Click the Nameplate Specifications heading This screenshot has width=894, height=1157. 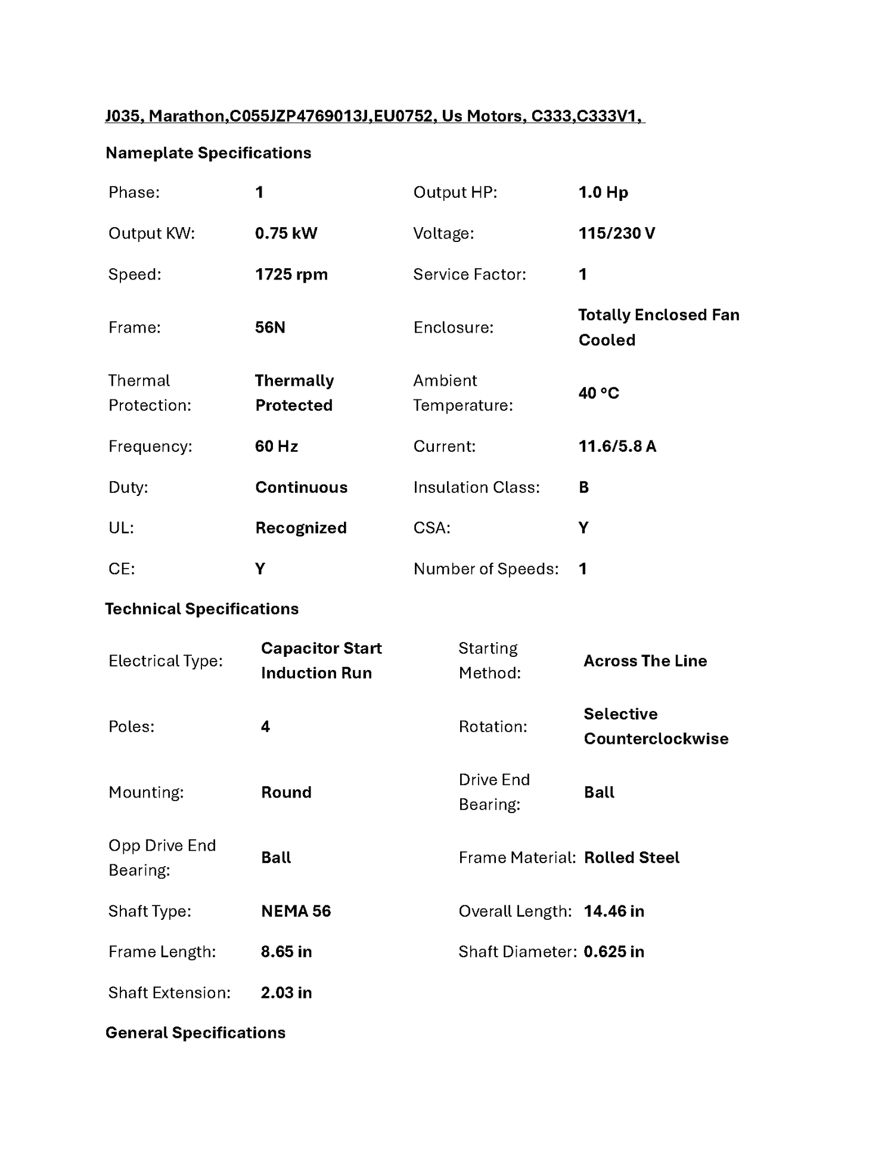(x=208, y=153)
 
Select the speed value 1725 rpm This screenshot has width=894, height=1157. (x=291, y=275)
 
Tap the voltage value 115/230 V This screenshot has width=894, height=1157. (x=616, y=233)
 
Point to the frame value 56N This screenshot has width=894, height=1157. (x=270, y=327)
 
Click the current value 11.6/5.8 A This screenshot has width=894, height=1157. (x=617, y=446)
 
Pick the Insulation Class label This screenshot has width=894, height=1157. (x=476, y=488)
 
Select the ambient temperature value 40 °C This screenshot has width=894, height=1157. (x=598, y=393)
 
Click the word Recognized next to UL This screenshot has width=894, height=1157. (x=300, y=528)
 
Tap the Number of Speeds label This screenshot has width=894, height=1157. (x=486, y=569)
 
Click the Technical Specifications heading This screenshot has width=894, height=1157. (x=201, y=609)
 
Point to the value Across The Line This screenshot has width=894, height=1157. (x=645, y=661)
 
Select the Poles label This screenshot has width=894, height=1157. (x=131, y=727)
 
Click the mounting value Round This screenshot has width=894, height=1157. (x=286, y=792)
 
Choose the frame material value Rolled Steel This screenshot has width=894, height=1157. (x=631, y=858)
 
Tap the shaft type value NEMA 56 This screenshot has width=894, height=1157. (x=296, y=911)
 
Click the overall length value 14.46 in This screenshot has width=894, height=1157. (x=613, y=911)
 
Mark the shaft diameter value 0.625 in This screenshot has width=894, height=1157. (x=613, y=952)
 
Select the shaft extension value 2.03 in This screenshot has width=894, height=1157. (x=286, y=993)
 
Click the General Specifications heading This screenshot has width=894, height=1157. (x=195, y=1033)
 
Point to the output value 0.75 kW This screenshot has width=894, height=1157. (x=286, y=233)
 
